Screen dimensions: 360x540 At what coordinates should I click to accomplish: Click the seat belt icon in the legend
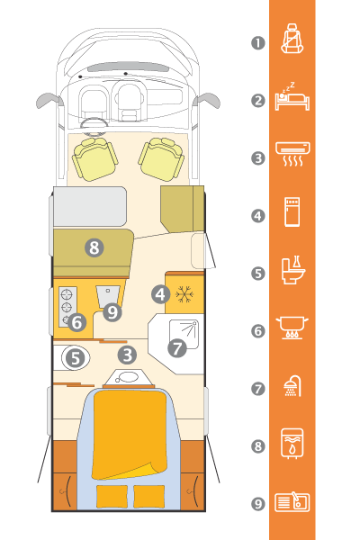click(x=292, y=38)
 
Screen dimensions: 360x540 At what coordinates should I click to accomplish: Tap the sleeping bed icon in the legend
click(x=292, y=96)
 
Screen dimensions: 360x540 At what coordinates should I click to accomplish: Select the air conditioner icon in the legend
click(x=292, y=154)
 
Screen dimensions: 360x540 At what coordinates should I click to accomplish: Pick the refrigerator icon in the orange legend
click(x=292, y=211)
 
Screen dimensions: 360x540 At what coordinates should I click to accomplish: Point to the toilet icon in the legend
click(x=293, y=270)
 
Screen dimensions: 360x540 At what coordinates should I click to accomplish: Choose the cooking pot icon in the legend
click(x=292, y=328)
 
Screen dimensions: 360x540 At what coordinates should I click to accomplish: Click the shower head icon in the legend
click(x=292, y=386)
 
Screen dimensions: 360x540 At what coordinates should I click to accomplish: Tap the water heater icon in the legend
click(x=292, y=444)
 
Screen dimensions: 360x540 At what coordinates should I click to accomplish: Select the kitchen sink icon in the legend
click(x=292, y=502)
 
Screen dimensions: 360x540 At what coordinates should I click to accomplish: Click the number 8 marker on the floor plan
click(x=94, y=247)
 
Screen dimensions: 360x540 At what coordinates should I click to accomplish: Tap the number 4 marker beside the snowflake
click(x=160, y=295)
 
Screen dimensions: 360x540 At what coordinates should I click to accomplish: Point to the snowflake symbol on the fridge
click(x=184, y=295)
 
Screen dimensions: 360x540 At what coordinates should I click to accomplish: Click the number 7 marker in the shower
click(x=177, y=347)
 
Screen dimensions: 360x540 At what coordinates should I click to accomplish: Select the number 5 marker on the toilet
click(x=76, y=358)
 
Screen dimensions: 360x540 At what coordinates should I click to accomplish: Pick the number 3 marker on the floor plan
click(x=127, y=355)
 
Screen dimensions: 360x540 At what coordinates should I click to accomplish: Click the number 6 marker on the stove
click(x=76, y=323)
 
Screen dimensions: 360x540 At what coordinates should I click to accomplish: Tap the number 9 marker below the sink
click(x=112, y=312)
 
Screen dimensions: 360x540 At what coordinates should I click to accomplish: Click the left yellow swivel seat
click(x=94, y=158)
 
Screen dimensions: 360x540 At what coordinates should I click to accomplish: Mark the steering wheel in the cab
click(x=94, y=126)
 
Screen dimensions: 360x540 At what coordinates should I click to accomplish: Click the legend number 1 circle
click(x=258, y=43)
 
